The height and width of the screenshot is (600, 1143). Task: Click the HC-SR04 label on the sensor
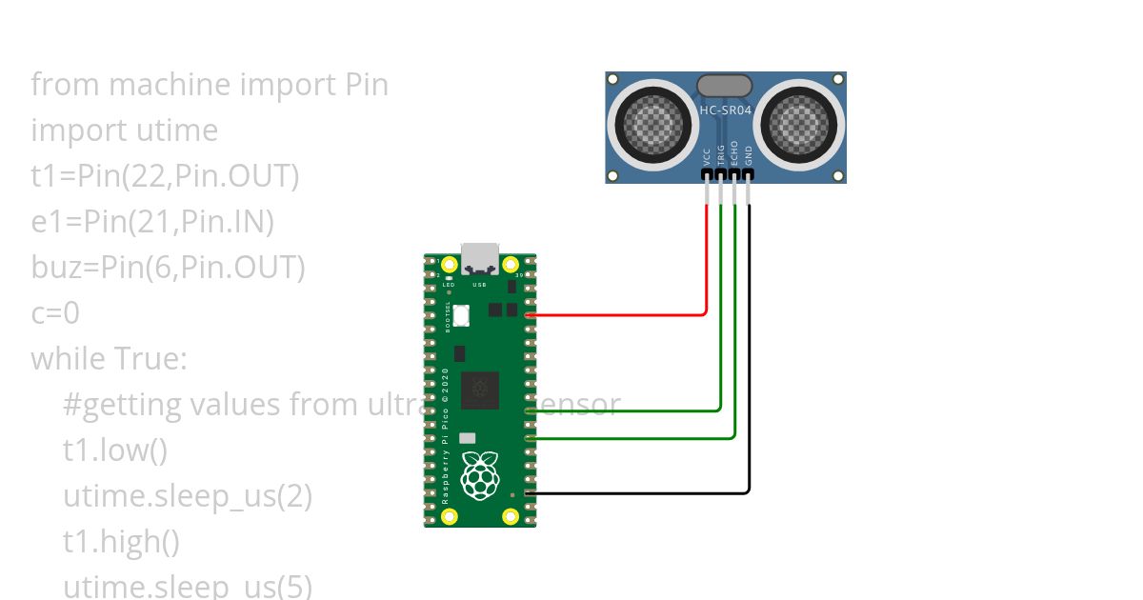click(726, 110)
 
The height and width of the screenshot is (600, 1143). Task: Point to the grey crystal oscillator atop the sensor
click(724, 86)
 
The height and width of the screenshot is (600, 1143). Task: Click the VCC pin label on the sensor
click(707, 155)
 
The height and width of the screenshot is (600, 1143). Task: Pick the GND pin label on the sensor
click(750, 155)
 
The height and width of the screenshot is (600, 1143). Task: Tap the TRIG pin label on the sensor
click(721, 154)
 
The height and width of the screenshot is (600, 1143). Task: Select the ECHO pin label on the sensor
click(735, 154)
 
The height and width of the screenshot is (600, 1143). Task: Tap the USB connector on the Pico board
click(480, 258)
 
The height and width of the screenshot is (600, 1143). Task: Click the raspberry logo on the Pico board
click(480, 475)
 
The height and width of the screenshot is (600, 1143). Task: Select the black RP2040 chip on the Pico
click(480, 391)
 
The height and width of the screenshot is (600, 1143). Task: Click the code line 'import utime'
click(125, 130)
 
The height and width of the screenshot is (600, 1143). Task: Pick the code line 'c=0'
click(55, 313)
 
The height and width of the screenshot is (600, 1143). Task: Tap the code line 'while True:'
click(110, 359)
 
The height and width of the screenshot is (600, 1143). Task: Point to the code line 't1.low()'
click(115, 450)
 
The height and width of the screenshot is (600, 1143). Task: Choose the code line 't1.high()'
click(121, 542)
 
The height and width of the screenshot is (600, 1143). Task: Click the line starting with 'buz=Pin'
click(168, 268)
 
